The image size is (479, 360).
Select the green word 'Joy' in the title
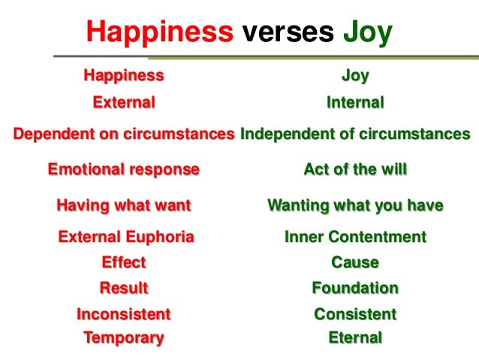click(x=368, y=32)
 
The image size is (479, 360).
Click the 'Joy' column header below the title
click(x=355, y=75)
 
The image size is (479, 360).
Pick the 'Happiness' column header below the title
click(x=123, y=75)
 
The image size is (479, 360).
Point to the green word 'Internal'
click(x=355, y=102)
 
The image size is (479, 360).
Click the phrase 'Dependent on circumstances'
click(x=124, y=135)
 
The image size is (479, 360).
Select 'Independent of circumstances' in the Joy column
click(x=355, y=135)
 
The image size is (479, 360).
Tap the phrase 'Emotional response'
click(x=124, y=169)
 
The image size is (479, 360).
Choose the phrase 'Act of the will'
click(x=355, y=169)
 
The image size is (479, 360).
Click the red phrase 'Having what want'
click(x=124, y=204)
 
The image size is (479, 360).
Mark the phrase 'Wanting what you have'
click(x=355, y=204)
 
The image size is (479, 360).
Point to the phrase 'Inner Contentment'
click(x=355, y=237)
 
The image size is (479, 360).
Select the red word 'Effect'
click(x=124, y=263)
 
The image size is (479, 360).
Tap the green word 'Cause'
click(x=355, y=263)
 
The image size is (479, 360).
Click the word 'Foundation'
click(x=355, y=288)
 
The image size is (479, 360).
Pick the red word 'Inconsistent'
click(x=124, y=313)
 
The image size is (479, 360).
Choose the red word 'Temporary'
click(x=124, y=337)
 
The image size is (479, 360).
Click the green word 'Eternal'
click(x=355, y=337)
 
